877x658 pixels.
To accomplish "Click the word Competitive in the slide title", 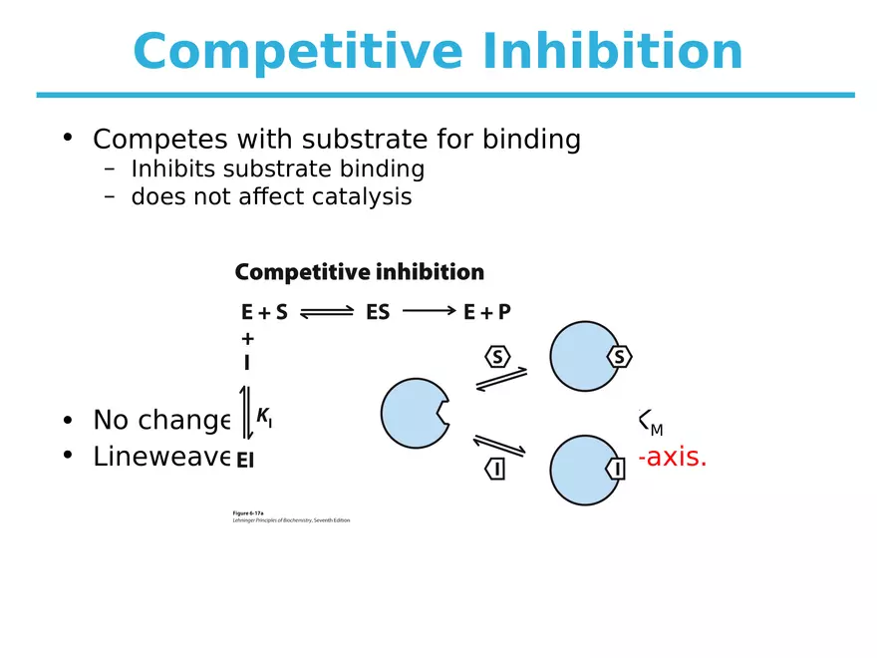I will tap(298, 52).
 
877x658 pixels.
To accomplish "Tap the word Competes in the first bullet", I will tap(150, 140).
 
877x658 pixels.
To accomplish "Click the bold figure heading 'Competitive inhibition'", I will tap(359, 272).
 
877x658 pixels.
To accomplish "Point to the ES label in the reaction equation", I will tap(378, 312).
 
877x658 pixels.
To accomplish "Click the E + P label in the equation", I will tap(487, 312).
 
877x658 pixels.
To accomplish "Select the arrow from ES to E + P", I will tap(429, 311).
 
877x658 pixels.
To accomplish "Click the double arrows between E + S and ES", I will tap(327, 312).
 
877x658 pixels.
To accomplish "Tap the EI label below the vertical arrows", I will tap(245, 461).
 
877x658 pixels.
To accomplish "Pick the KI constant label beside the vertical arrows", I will tap(264, 418).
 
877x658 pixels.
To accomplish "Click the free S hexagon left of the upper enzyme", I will tap(497, 356).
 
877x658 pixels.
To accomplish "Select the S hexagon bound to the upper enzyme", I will tap(619, 356).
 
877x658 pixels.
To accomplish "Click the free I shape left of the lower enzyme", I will tap(494, 468).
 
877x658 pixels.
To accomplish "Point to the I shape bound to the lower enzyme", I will tap(617, 468).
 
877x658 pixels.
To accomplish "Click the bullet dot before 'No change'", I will tap(67, 418).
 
